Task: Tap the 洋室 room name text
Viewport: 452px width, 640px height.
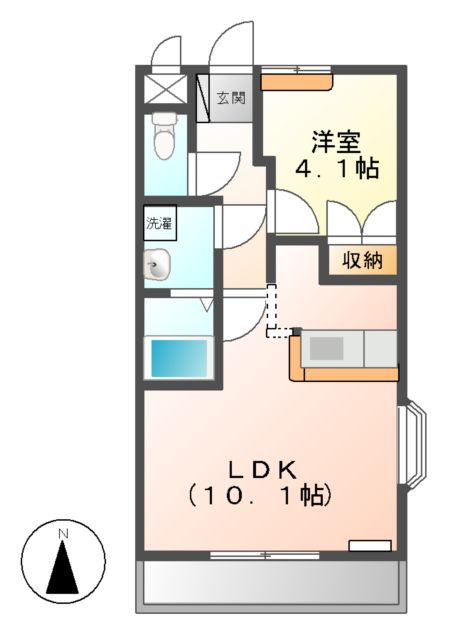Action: coord(335,140)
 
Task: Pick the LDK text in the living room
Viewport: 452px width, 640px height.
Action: coord(265,467)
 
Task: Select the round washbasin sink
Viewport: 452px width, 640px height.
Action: coord(158,265)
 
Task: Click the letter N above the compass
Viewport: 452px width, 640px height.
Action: coord(63,534)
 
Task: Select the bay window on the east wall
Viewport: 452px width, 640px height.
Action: coord(413,445)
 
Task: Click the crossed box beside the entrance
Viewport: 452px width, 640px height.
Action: coord(166,85)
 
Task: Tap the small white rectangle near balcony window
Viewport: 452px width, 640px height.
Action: coord(369,545)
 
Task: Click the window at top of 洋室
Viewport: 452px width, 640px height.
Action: coord(298,70)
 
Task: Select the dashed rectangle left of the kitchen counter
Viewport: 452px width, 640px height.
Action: coord(277,312)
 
